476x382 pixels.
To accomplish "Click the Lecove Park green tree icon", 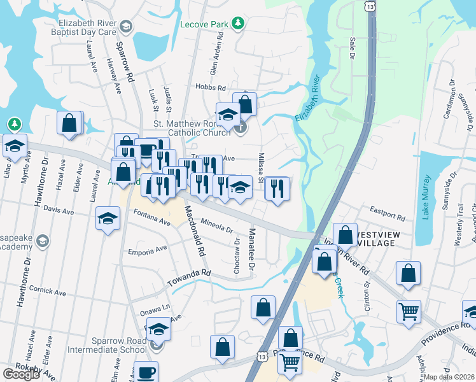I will click(238, 24).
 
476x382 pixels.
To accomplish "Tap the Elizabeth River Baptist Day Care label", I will click(85, 26).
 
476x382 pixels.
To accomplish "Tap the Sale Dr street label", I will click(351, 48).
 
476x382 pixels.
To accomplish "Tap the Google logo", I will click(21, 374).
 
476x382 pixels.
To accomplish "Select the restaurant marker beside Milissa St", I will click(277, 188).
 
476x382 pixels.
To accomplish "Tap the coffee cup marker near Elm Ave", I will click(146, 372).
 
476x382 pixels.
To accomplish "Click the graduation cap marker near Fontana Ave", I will click(108, 219).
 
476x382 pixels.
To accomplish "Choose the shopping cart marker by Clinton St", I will click(409, 312).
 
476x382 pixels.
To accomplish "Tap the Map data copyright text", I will click(449, 377).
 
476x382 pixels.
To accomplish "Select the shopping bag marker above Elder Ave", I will click(69, 123).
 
